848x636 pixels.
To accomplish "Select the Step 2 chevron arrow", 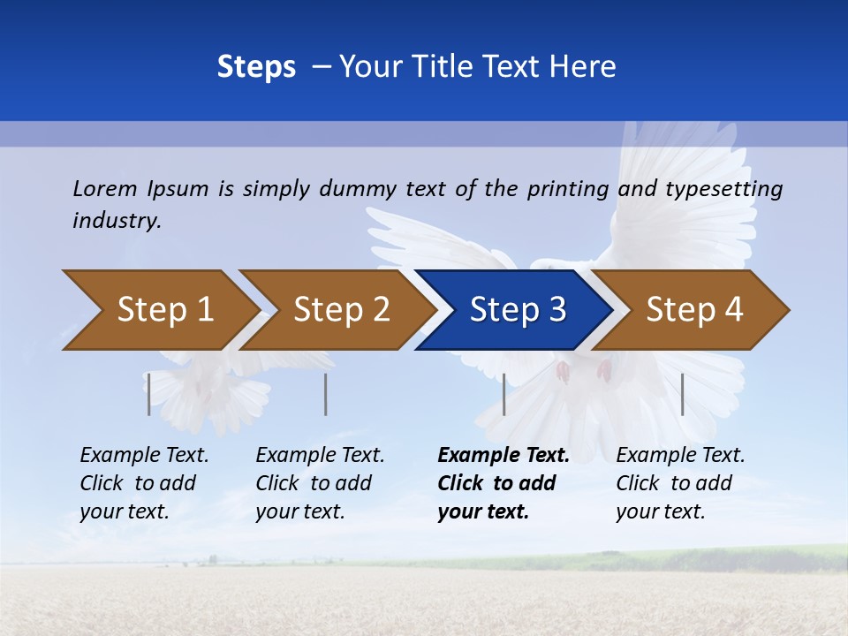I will (341, 310).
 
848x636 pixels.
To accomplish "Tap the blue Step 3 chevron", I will (518, 310).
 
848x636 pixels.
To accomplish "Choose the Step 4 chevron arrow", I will (694, 310).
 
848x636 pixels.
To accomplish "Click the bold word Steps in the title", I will (256, 67).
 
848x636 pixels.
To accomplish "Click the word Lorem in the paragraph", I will (105, 188).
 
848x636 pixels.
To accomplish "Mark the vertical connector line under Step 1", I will (149, 394).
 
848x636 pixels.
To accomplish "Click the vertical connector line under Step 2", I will (326, 394).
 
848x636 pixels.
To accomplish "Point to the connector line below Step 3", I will (503, 394).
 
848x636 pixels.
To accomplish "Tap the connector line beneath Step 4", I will (682, 394).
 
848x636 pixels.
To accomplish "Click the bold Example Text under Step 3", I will (503, 455).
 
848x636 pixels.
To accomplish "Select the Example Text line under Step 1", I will (144, 455).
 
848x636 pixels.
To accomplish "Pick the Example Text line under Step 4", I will (680, 455).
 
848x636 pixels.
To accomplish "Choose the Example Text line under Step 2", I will (320, 455).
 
